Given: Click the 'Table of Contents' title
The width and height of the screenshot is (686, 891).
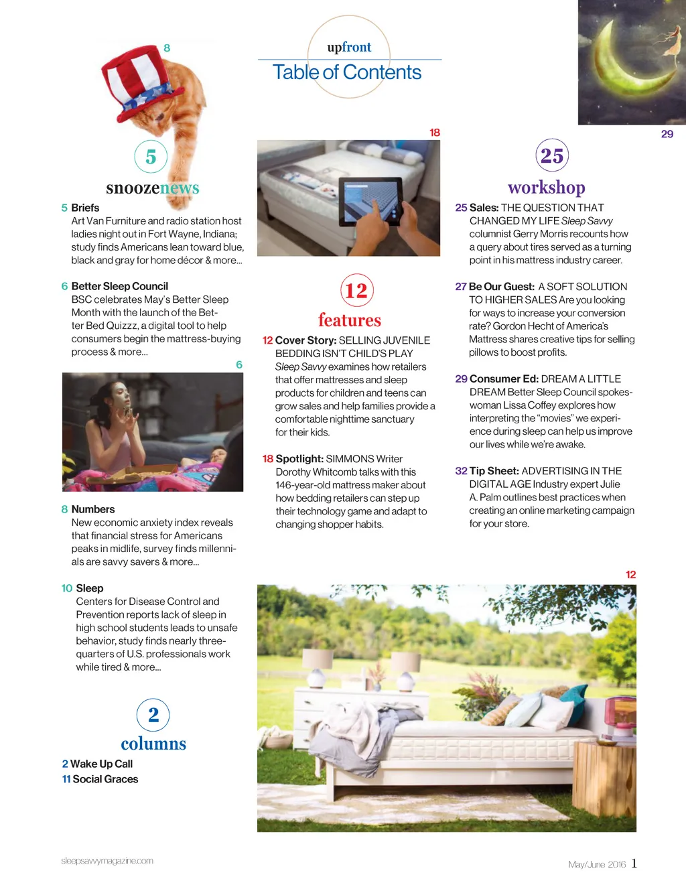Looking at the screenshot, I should [x=347, y=72].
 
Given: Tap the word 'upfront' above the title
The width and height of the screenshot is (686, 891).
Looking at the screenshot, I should [x=349, y=47].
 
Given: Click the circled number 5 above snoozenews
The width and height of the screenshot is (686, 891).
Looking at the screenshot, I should [x=151, y=157].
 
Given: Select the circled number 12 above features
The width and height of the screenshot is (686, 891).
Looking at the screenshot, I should [x=356, y=290].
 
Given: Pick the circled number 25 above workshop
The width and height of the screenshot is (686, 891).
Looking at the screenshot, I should [x=552, y=155].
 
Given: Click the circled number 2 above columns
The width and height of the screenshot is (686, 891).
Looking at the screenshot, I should [x=153, y=715].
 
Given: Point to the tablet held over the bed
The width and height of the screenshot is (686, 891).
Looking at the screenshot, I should [x=370, y=202].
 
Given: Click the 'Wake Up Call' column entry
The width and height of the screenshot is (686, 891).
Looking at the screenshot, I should [x=101, y=764].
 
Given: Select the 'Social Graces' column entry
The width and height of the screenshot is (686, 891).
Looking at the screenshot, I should [x=105, y=779].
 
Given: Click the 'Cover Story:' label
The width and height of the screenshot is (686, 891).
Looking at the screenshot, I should [x=305, y=340].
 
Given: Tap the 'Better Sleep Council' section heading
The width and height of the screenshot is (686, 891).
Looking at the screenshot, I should [x=119, y=286].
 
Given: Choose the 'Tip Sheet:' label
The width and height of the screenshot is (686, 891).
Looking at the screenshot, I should [x=494, y=471].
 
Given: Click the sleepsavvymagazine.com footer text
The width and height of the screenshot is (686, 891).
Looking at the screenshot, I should [x=107, y=861].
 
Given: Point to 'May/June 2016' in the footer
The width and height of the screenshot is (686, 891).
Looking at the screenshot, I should [x=596, y=864].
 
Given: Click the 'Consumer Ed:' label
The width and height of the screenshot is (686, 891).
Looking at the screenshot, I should [x=504, y=379].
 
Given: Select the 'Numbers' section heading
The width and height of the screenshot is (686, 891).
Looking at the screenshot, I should [x=92, y=509].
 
